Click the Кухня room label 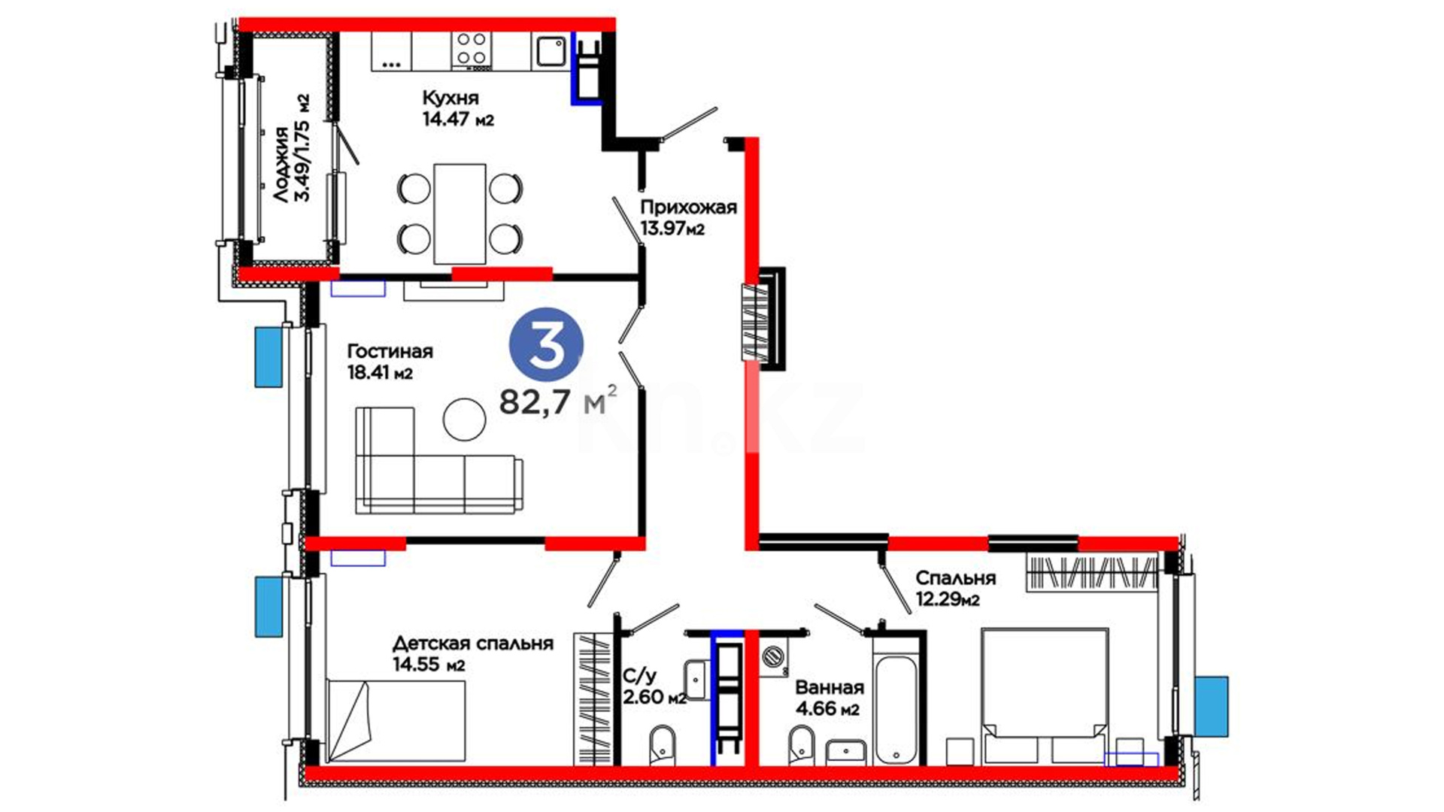[450, 98]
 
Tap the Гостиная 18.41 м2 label [390, 362]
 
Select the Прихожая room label [688, 208]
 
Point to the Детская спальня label [473, 644]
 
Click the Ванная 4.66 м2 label [830, 698]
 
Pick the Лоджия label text [281, 165]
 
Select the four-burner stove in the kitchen [472, 49]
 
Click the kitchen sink [551, 51]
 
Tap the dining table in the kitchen [460, 214]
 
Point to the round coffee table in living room [465, 420]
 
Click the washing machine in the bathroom [774, 657]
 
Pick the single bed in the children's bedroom [396, 721]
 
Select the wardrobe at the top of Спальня [1092, 571]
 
